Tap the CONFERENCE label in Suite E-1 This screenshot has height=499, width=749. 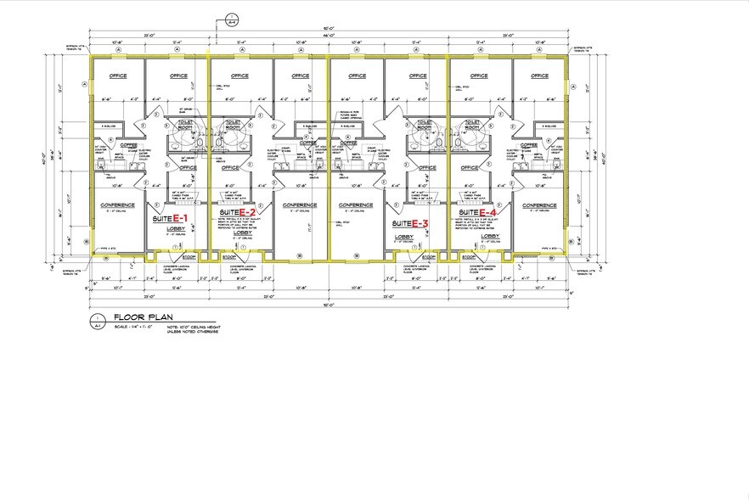pyautogui.click(x=118, y=205)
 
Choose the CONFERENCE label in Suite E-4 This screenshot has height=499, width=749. pyautogui.click(x=539, y=205)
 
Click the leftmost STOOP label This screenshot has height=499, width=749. pyautogui.click(x=189, y=256)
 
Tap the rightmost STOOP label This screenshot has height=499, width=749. pyautogui.click(x=467, y=256)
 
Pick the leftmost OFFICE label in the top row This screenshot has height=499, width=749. pyautogui.click(x=118, y=76)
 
